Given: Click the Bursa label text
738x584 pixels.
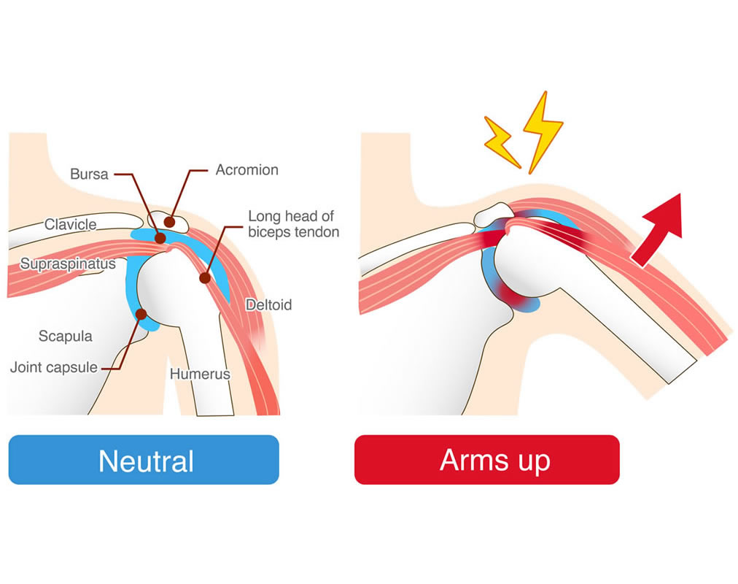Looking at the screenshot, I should point(89,174).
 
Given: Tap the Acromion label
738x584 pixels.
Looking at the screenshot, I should point(246,170).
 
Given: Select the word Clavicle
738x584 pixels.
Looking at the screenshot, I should point(70,224).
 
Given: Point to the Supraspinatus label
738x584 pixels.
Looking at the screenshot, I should point(68,264).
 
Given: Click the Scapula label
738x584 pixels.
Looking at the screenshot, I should point(65,336).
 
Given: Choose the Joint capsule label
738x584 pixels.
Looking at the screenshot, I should point(53,367).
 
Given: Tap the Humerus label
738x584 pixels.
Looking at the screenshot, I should point(200,374).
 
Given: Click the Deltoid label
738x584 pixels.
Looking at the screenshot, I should point(268,304).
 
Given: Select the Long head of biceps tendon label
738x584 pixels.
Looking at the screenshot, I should point(293,224).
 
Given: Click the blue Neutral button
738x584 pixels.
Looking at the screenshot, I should point(144,460).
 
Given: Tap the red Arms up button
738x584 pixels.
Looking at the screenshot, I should point(487,460).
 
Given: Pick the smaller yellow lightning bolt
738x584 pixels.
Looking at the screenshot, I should point(502,139).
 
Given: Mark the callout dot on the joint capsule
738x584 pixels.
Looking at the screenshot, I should point(141,314).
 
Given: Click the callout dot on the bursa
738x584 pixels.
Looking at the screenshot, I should point(160,238).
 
